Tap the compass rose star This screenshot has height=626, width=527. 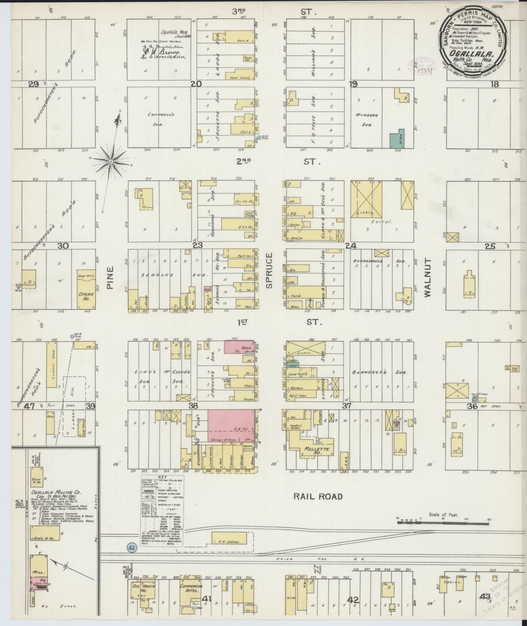(x=111, y=162)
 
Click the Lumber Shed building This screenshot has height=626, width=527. (x=51, y=364)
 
